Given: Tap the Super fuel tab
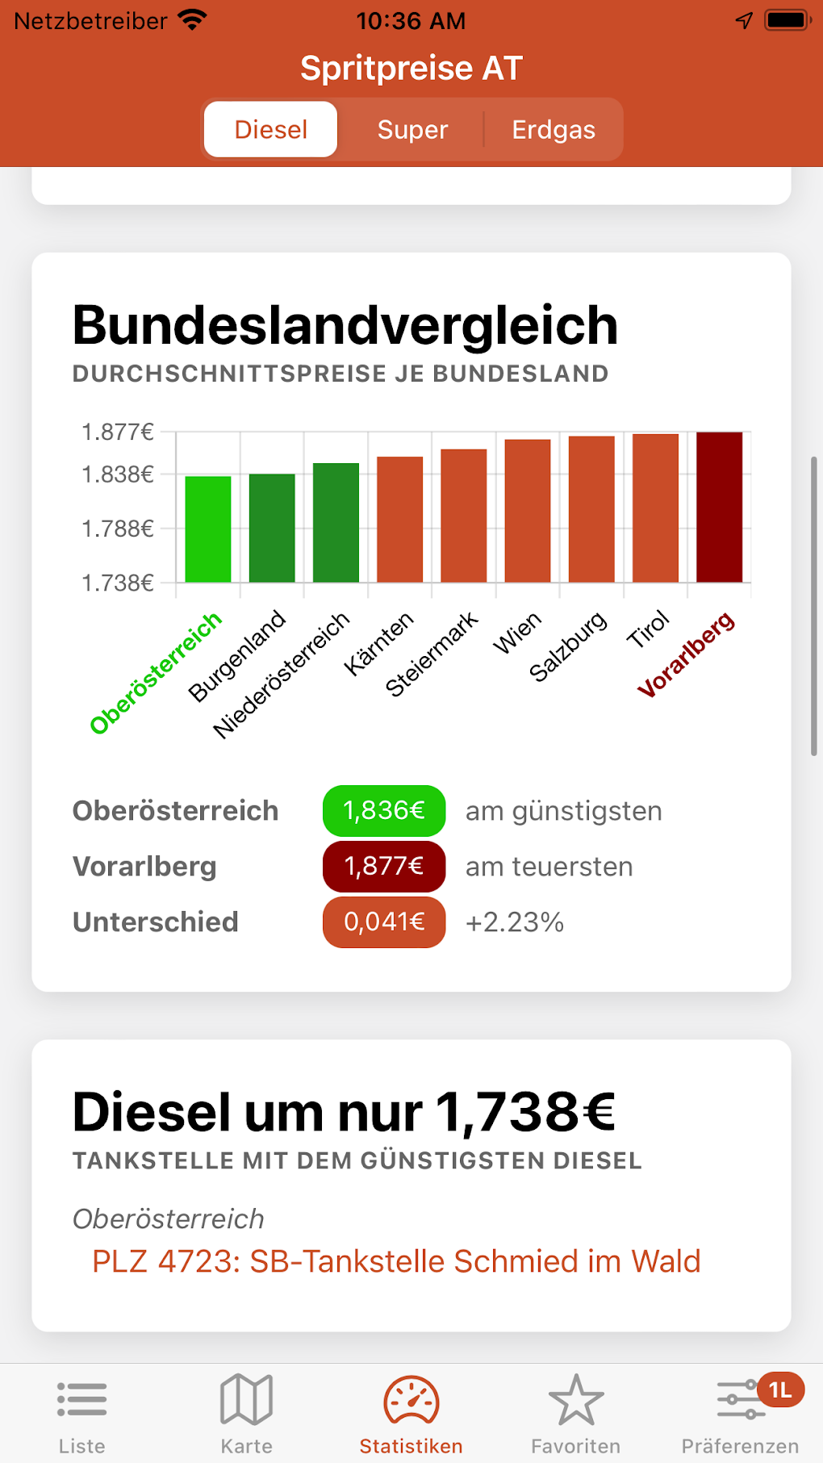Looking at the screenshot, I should (x=412, y=130).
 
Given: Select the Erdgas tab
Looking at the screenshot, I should (x=554, y=130).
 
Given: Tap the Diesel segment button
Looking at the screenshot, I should (x=271, y=130).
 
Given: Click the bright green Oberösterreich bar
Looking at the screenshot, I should (x=208, y=529).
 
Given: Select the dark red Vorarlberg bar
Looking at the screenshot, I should (x=719, y=507).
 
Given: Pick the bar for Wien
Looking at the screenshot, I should (x=528, y=511).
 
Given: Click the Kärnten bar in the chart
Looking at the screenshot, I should (x=400, y=519).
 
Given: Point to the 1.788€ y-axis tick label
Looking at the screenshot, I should (x=118, y=529).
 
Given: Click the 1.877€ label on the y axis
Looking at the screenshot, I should (x=118, y=433).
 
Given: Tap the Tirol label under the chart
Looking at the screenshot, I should (x=649, y=629).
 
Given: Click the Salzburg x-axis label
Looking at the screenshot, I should (x=568, y=646).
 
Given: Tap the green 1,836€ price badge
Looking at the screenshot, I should (x=384, y=810).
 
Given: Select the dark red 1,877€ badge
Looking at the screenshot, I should (x=384, y=866).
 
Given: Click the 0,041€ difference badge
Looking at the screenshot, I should (x=384, y=922).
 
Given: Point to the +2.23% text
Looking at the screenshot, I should (x=515, y=922).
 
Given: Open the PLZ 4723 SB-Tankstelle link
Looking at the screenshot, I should (x=396, y=1261).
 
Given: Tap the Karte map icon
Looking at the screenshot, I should (x=247, y=1400).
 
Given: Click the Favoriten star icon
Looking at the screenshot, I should (x=576, y=1400).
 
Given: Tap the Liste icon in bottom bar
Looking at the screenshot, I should (x=82, y=1400).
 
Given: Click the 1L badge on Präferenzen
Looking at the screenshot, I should (x=780, y=1390).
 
